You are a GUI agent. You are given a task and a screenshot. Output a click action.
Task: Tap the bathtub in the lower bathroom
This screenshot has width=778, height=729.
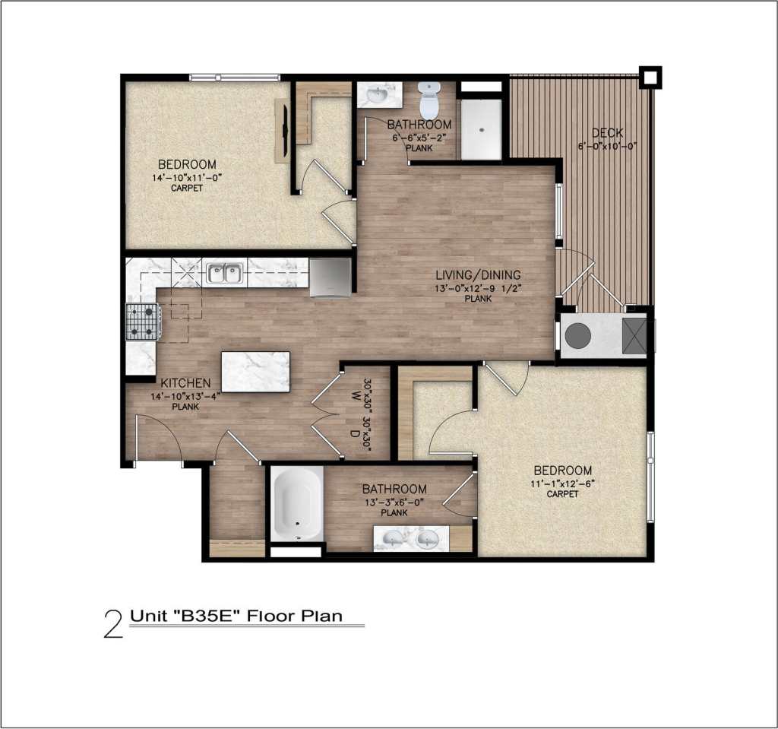297,504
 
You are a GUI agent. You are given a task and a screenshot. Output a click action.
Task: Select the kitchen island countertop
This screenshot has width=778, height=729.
255,372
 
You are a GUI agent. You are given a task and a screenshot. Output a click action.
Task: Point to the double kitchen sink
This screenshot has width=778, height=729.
224,273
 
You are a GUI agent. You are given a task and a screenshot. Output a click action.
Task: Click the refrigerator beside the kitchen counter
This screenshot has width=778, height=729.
330,277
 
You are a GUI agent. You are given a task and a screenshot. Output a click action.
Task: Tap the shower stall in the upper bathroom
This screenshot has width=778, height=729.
481,129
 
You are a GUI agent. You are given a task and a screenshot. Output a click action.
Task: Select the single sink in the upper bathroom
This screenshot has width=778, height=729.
377,96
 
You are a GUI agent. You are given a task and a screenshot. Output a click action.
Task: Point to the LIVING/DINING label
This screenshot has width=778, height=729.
469,274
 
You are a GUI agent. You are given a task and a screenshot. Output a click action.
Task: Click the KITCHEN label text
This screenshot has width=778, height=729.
185,384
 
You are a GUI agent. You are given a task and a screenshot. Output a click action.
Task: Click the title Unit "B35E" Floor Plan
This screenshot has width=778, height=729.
236,616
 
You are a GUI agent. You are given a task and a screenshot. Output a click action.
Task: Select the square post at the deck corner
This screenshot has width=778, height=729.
650,77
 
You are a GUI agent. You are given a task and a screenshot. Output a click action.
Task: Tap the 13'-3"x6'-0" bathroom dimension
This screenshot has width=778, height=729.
394,502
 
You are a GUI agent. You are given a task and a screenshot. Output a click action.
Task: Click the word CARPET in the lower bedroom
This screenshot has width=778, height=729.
562,494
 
